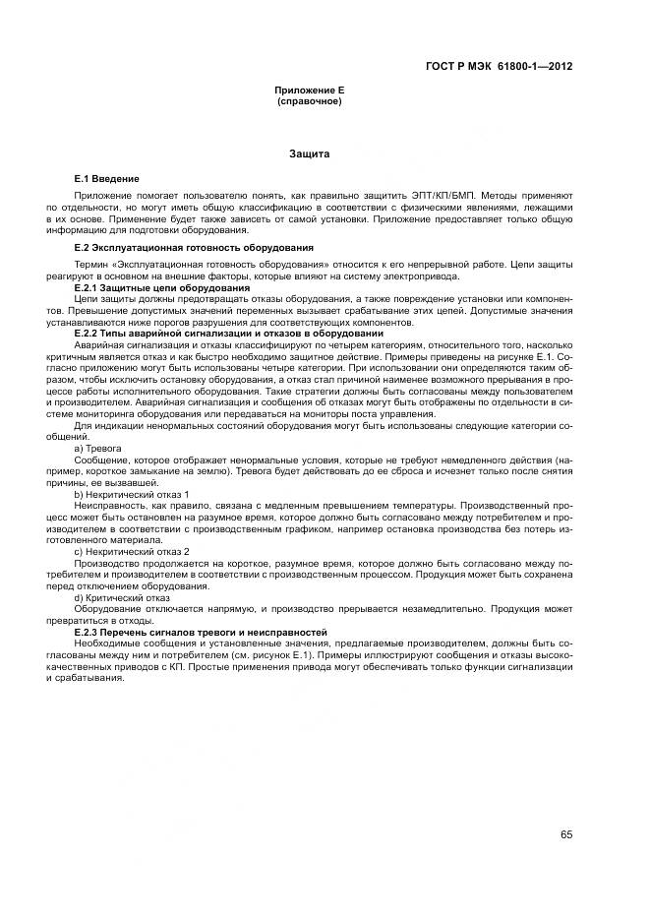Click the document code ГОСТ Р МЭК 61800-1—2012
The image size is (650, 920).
[x=499, y=66]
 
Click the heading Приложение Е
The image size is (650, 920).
[x=309, y=91]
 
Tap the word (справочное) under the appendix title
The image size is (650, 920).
[x=309, y=101]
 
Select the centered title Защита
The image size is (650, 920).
[x=309, y=154]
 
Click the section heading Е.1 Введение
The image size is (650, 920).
[x=106, y=179]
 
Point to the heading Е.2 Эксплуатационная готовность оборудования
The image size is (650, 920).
[x=194, y=247]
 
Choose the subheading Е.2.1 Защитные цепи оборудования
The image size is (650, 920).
[x=161, y=286]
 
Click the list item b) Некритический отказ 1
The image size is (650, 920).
[x=131, y=493]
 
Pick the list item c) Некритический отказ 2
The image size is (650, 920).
[x=131, y=551]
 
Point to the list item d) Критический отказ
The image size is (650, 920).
[x=122, y=597]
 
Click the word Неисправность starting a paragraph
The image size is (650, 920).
[x=102, y=505]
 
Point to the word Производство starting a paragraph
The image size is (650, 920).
[x=101, y=563]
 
